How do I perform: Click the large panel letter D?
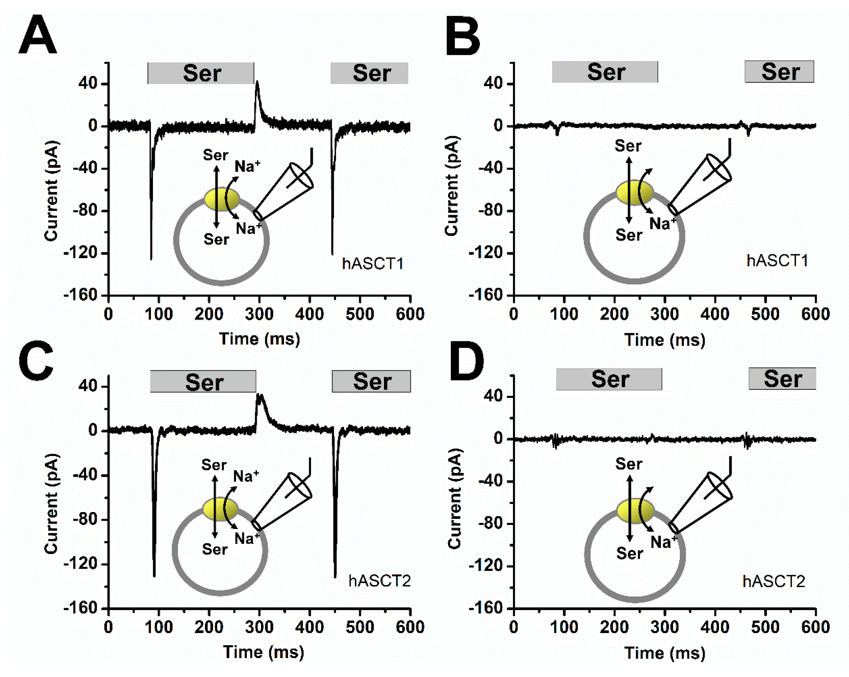pyautogui.click(x=466, y=362)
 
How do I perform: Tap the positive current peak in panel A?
pyautogui.click(x=257, y=83)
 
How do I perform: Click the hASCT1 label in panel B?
pyautogui.click(x=777, y=261)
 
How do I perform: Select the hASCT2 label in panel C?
pyautogui.click(x=379, y=581)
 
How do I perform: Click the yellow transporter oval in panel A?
pyautogui.click(x=222, y=199)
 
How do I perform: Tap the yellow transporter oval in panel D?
pyautogui.click(x=635, y=510)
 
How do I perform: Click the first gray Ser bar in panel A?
pyautogui.click(x=201, y=73)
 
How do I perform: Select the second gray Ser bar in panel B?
pyautogui.click(x=779, y=72)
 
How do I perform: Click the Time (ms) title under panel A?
pyautogui.click(x=259, y=339)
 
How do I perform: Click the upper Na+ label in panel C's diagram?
pyautogui.click(x=246, y=476)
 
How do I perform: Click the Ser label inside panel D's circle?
pyautogui.click(x=629, y=553)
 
